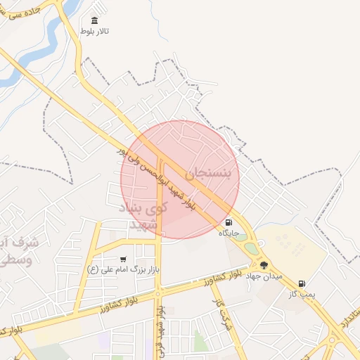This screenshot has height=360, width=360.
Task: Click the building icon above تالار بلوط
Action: click(x=95, y=20)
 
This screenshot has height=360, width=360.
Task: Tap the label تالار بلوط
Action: click(x=95, y=32)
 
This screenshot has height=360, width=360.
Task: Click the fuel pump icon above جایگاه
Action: click(x=229, y=222)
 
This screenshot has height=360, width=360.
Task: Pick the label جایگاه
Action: click(x=229, y=233)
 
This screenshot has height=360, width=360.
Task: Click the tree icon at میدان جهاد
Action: click(x=264, y=265)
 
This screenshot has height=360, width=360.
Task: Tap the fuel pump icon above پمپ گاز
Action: click(x=302, y=283)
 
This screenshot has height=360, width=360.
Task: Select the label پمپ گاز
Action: click(x=302, y=294)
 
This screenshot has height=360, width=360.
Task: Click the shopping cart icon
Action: click(x=124, y=259)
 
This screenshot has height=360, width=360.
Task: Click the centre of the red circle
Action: click(x=180, y=179)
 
